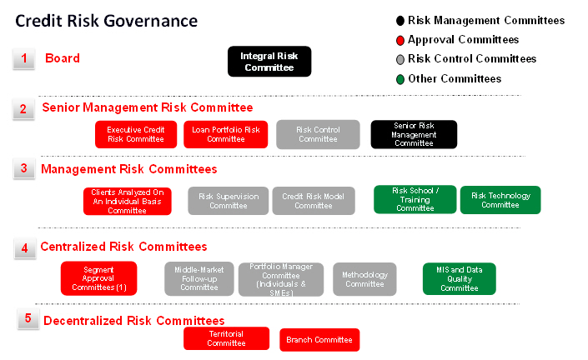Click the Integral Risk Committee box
pyautogui.click(x=269, y=62)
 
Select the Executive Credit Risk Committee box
pyautogui.click(x=136, y=134)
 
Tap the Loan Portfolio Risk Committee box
pyautogui.click(x=226, y=134)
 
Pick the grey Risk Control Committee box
pyautogui.click(x=318, y=134)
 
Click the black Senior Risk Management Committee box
pyautogui.click(x=414, y=134)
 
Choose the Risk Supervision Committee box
pyautogui.click(x=229, y=201)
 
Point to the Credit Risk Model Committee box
pyautogui.click(x=314, y=201)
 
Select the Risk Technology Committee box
pyautogui.click(x=500, y=200)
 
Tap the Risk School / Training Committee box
pyautogui.click(x=415, y=199)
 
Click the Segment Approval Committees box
pyautogui.click(x=99, y=278)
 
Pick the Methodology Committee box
pyautogui.click(x=364, y=279)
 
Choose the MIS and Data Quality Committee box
pyautogui.click(x=460, y=278)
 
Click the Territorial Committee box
pyautogui.click(x=227, y=338)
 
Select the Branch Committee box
pyautogui.click(x=319, y=340)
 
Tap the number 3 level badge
pyautogui.click(x=24, y=168)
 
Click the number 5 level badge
pyautogui.click(x=28, y=318)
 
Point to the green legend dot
pyautogui.click(x=400, y=79)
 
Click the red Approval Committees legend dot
pyautogui.click(x=400, y=40)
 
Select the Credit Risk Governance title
pyautogui.click(x=106, y=21)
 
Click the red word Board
pyautogui.click(x=63, y=58)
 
